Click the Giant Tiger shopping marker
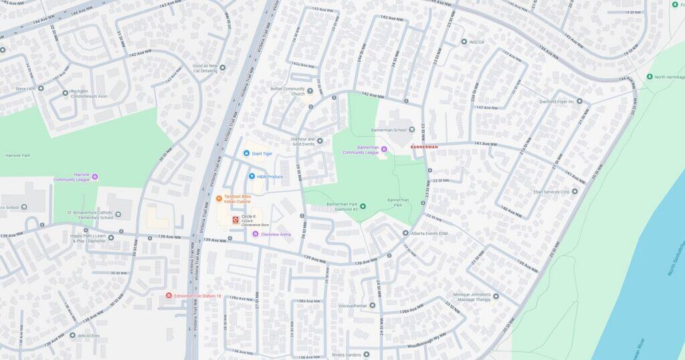click(x=246, y=153)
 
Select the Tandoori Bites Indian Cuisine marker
click(x=219, y=199)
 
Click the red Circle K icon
click(x=235, y=219)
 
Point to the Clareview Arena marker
click(x=255, y=234)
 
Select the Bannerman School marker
click(x=412, y=130)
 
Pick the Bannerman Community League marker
click(x=384, y=149)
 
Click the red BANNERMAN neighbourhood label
click(x=424, y=147)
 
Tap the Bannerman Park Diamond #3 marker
click(x=363, y=206)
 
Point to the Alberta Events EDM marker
click(x=405, y=233)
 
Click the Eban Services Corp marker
click(x=574, y=191)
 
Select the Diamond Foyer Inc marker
click(x=579, y=102)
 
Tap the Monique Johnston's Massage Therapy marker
click(x=496, y=296)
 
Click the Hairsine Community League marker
click(x=95, y=177)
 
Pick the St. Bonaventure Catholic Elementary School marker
click(x=118, y=215)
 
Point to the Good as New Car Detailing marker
click(x=223, y=67)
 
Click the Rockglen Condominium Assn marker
click(x=65, y=93)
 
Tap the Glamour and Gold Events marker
click(x=320, y=141)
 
